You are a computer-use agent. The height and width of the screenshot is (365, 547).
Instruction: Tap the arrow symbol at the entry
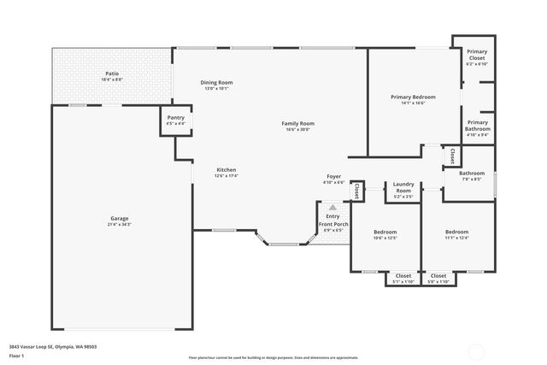332,207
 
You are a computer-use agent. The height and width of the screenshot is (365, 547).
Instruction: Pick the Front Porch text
332,224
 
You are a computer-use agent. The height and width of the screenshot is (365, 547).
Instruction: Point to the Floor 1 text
17,355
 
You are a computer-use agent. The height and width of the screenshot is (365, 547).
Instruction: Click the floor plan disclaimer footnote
273,358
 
